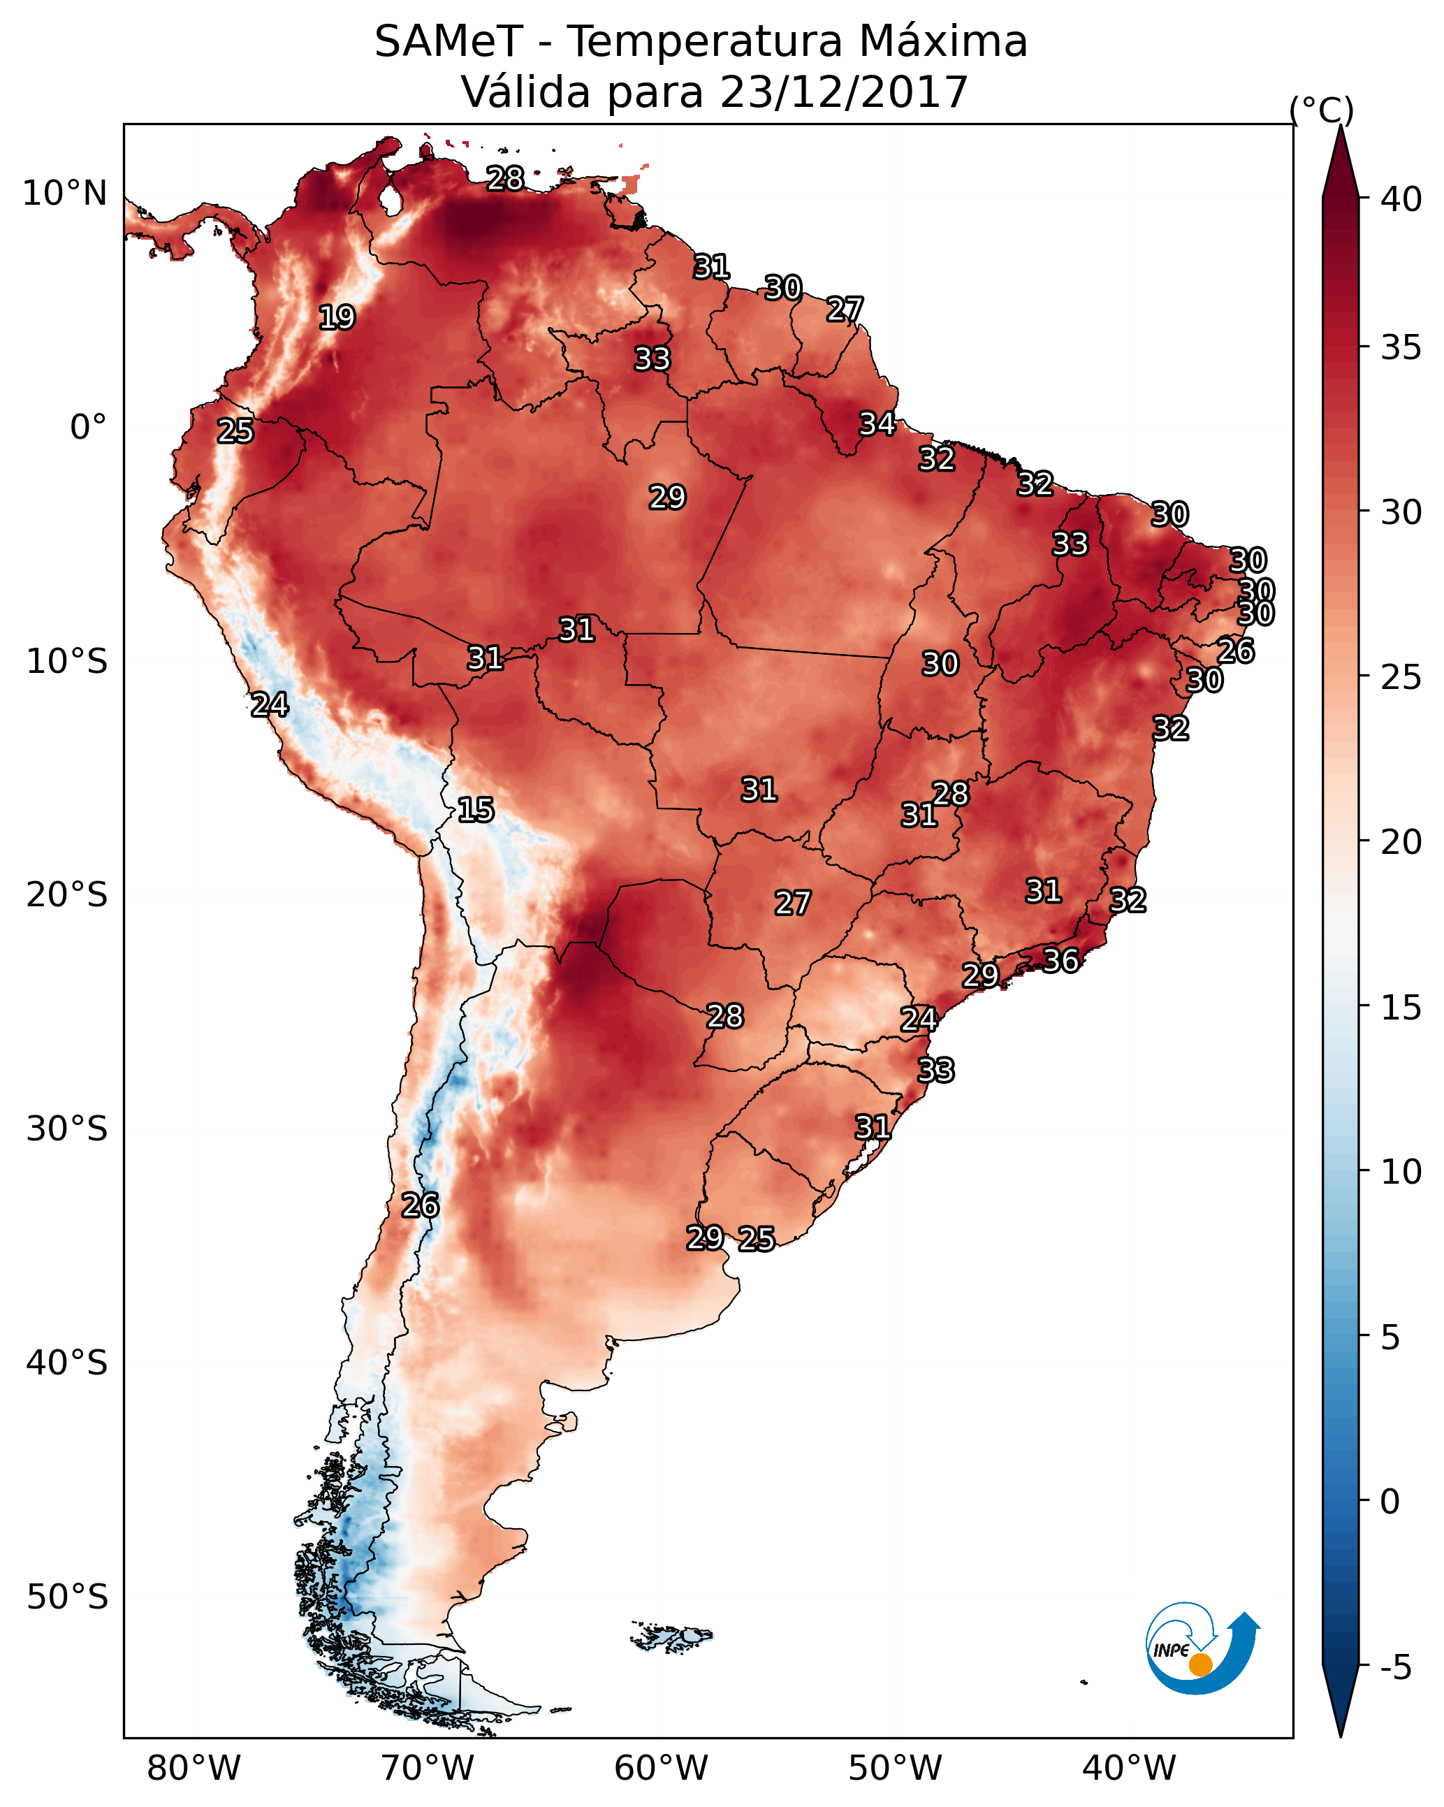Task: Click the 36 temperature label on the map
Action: click(x=1060, y=961)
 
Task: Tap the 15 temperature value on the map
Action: click(x=475, y=810)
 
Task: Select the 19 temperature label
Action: click(x=337, y=318)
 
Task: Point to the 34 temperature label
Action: click(x=877, y=424)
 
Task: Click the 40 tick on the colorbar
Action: click(x=1401, y=199)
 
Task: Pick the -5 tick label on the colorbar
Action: click(x=1394, y=1667)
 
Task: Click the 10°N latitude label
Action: click(x=64, y=194)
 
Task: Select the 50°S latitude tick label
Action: click(x=67, y=1597)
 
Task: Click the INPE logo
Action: click(x=1201, y=1648)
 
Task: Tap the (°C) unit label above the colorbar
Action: click(x=1321, y=110)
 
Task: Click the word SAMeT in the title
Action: click(x=448, y=42)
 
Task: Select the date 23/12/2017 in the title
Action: click(x=843, y=92)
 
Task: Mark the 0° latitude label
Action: click(x=88, y=428)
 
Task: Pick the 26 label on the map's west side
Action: click(x=420, y=1205)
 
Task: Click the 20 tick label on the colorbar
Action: click(x=1401, y=842)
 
